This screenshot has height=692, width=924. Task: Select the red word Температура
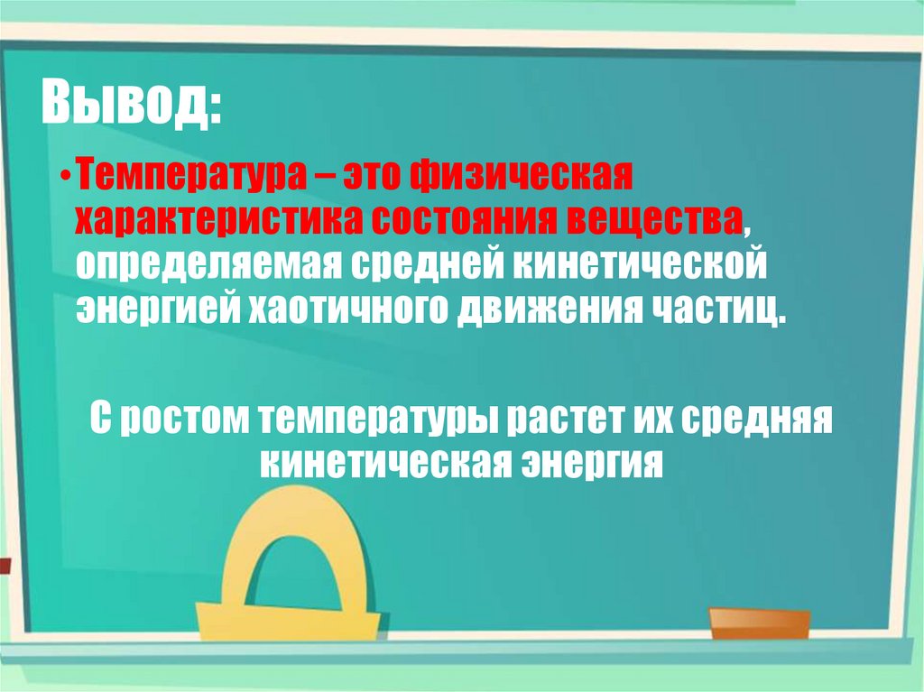180,171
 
